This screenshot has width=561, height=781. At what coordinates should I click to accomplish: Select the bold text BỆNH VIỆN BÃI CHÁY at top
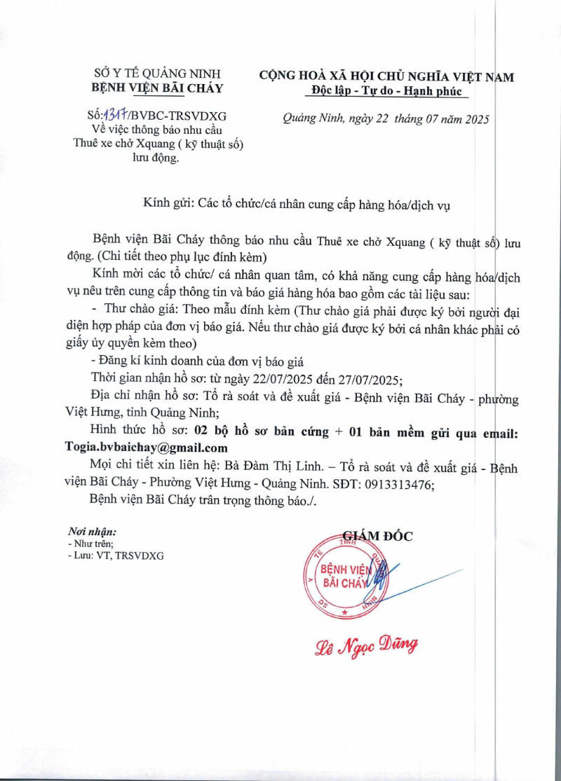[158, 88]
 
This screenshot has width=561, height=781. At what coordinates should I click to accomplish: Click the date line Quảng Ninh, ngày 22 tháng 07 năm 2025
[385, 118]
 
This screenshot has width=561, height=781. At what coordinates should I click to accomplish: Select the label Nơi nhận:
[92, 532]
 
